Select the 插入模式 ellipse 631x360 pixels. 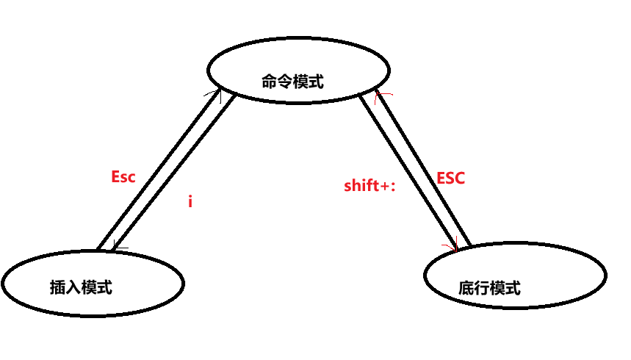(93, 283)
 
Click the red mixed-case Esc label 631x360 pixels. (123, 177)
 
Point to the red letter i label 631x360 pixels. (190, 201)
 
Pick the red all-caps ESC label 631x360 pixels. (451, 179)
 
